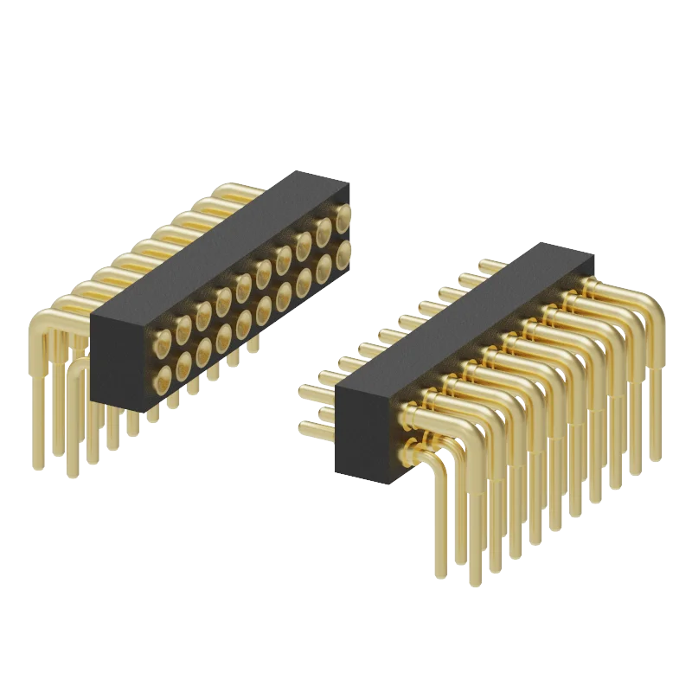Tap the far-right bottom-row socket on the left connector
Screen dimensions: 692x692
click(x=343, y=253)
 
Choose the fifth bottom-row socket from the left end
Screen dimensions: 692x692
click(x=243, y=322)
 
